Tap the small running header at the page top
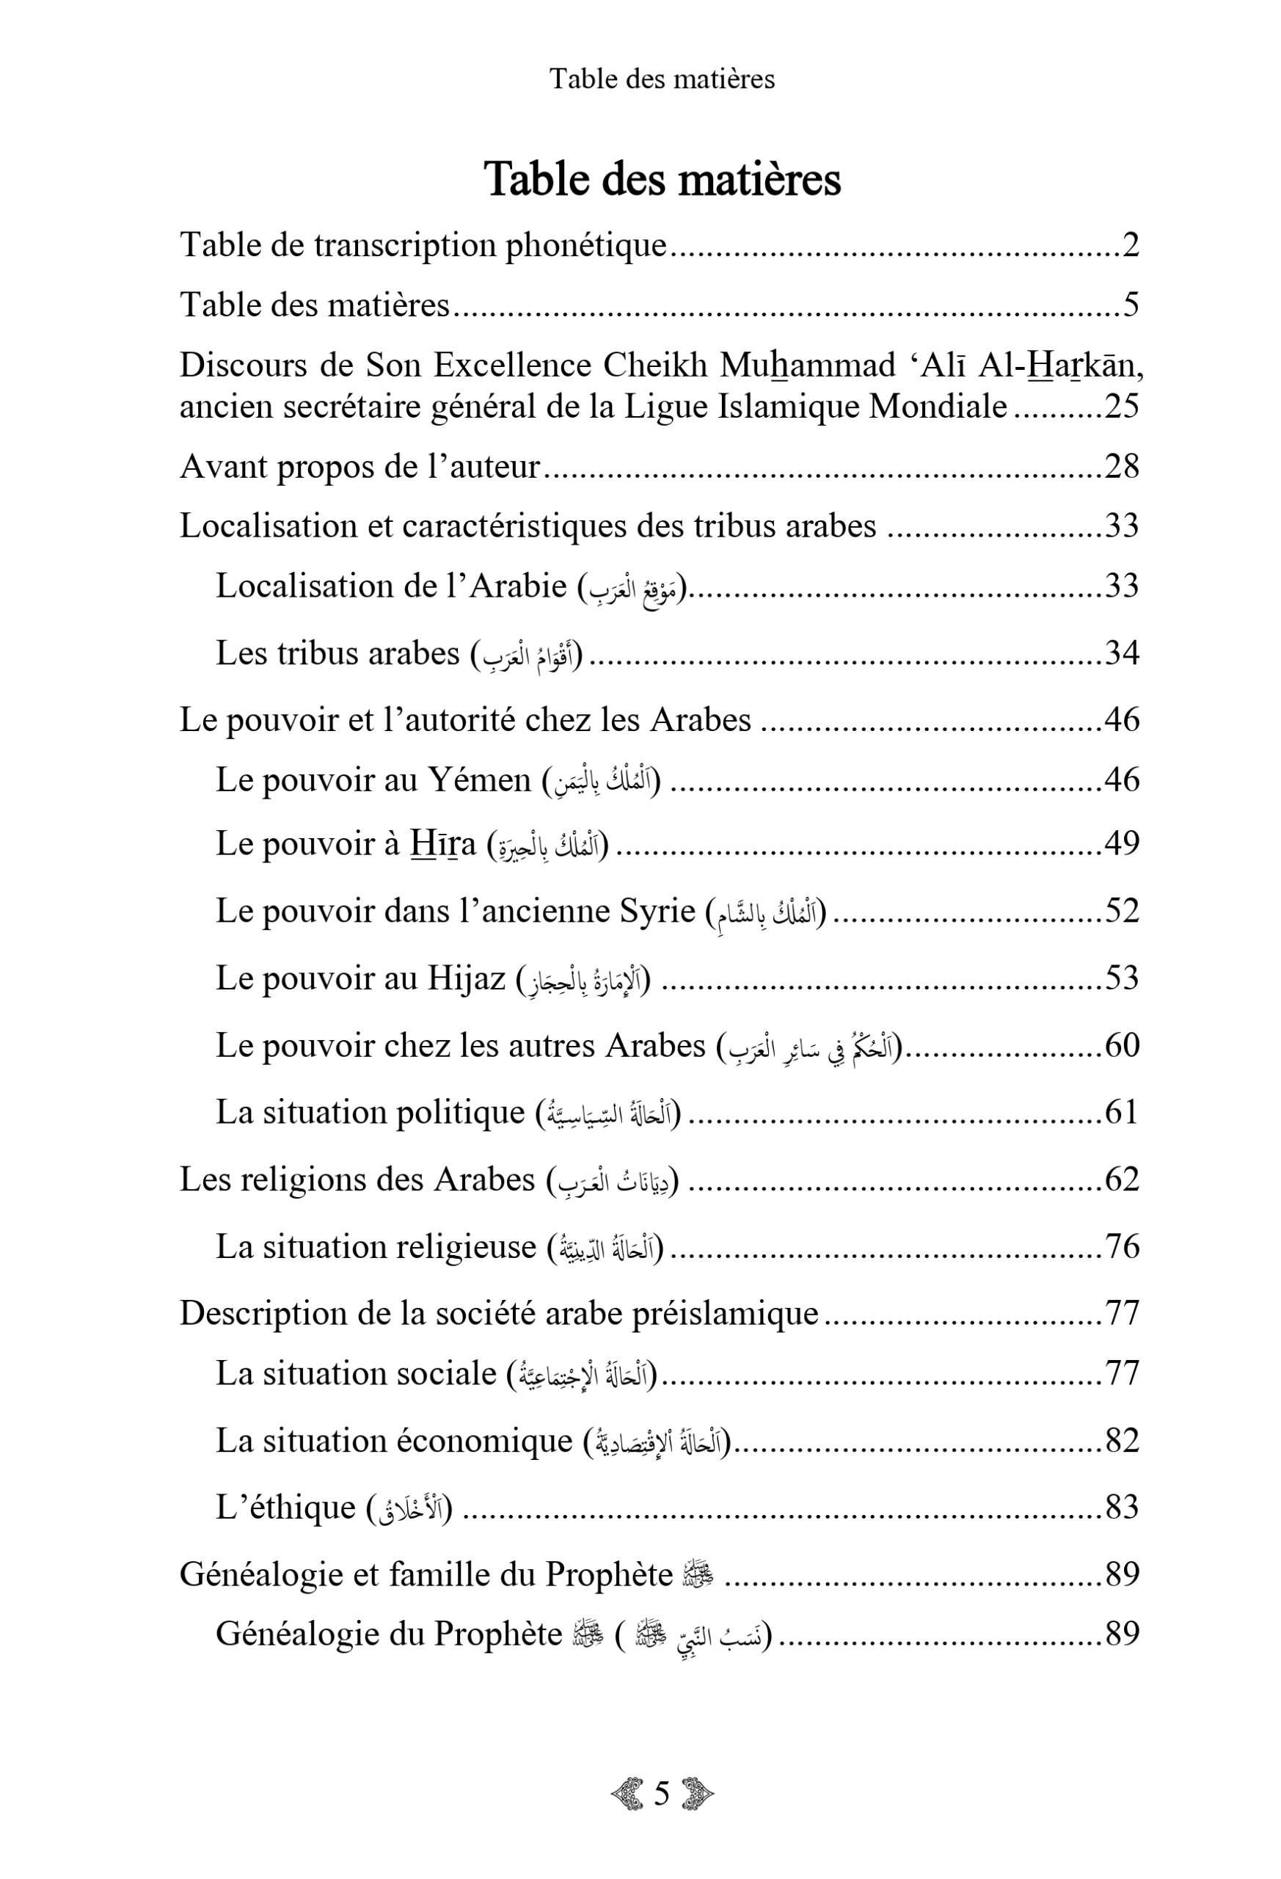coord(662,79)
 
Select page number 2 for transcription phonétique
coord(1130,245)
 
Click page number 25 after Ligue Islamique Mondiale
coord(1121,406)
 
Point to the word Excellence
coord(514,366)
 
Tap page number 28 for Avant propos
coord(1121,467)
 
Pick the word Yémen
coord(479,779)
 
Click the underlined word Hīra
coord(443,843)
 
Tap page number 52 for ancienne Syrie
coord(1121,910)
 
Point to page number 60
coord(1121,1045)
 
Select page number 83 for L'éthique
coord(1121,1507)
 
